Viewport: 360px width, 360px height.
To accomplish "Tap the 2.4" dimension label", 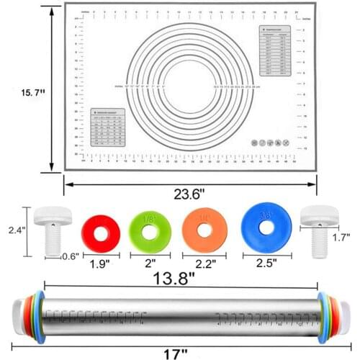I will click(13, 230).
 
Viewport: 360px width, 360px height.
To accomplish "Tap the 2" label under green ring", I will click(150, 264).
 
